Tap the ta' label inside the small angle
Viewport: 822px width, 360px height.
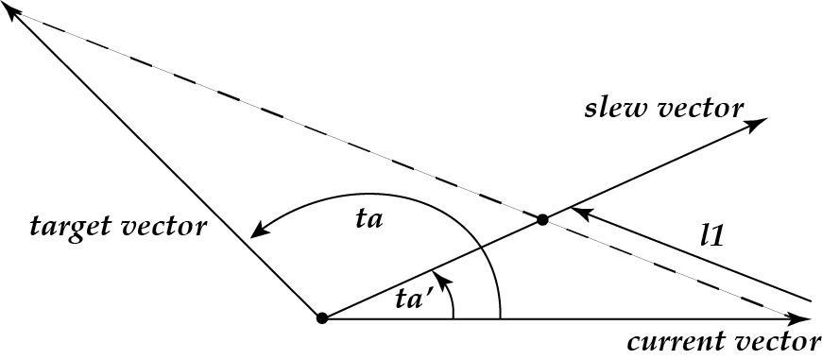[415, 300]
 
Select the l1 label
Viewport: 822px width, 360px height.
[711, 235]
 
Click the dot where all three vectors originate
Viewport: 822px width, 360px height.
[321, 318]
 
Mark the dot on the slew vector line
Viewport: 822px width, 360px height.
[542, 219]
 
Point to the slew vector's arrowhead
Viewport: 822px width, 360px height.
[759, 122]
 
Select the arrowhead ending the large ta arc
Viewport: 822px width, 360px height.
[257, 233]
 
